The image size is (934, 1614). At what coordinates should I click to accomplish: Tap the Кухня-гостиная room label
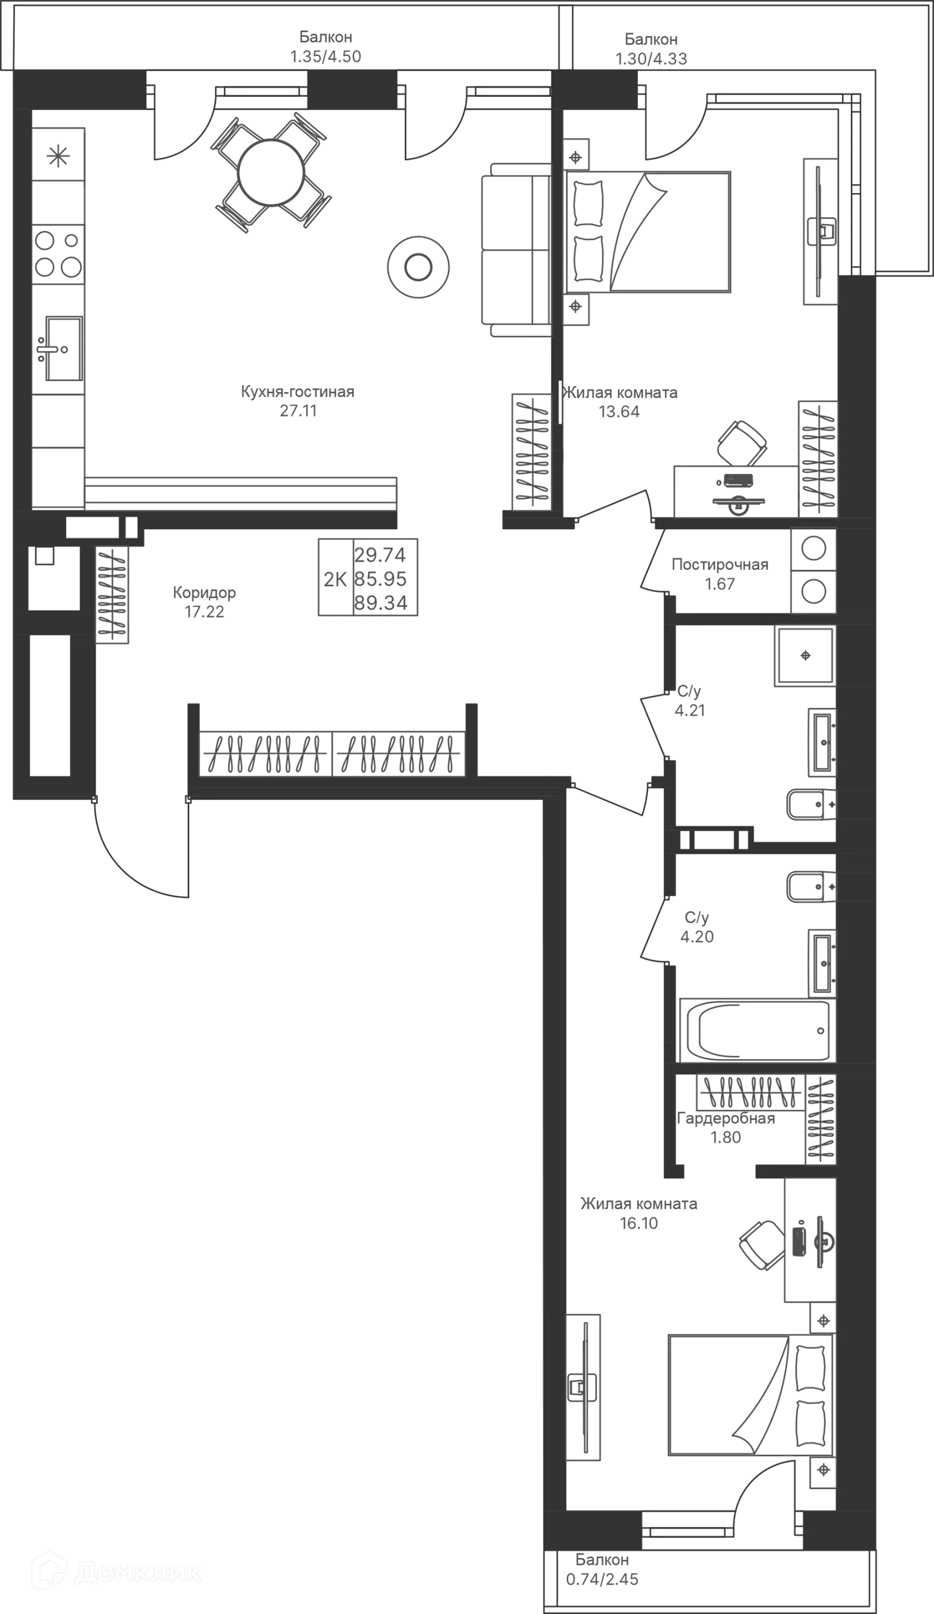pos(298,392)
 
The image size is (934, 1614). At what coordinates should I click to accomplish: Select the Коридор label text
pos(205,593)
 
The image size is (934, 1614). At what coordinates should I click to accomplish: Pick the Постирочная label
pos(719,565)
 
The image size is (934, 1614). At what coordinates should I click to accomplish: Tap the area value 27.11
pos(298,410)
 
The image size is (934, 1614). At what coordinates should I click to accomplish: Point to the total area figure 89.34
pos(382,603)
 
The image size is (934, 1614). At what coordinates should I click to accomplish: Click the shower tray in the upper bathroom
pos(805,655)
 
